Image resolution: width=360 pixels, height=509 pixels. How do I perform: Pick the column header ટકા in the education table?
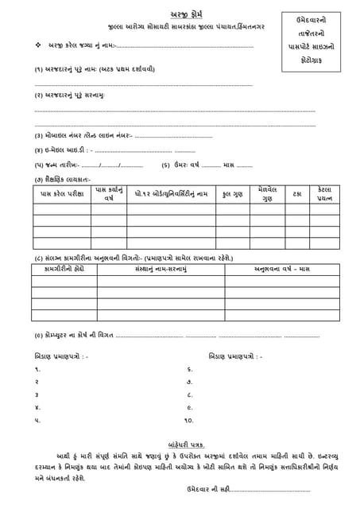click(296, 194)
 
